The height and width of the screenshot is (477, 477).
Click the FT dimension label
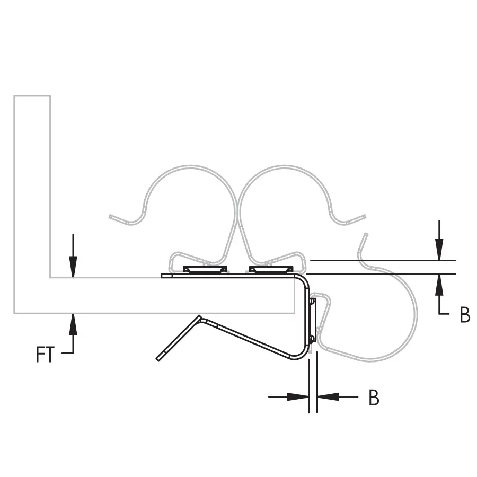(45, 354)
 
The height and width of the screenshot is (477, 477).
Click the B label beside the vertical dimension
(465, 315)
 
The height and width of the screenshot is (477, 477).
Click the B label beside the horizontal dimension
(374, 397)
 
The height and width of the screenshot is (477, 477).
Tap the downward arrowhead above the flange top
(73, 267)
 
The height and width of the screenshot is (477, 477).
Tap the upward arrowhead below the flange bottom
(73, 324)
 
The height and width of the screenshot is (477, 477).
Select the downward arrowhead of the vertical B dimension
(439, 250)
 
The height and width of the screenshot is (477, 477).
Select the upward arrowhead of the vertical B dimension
(439, 285)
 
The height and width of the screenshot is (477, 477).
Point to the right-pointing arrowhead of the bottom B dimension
(298, 396)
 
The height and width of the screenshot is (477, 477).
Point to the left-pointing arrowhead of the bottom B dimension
(328, 396)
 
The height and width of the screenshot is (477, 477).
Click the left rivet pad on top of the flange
(205, 270)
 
